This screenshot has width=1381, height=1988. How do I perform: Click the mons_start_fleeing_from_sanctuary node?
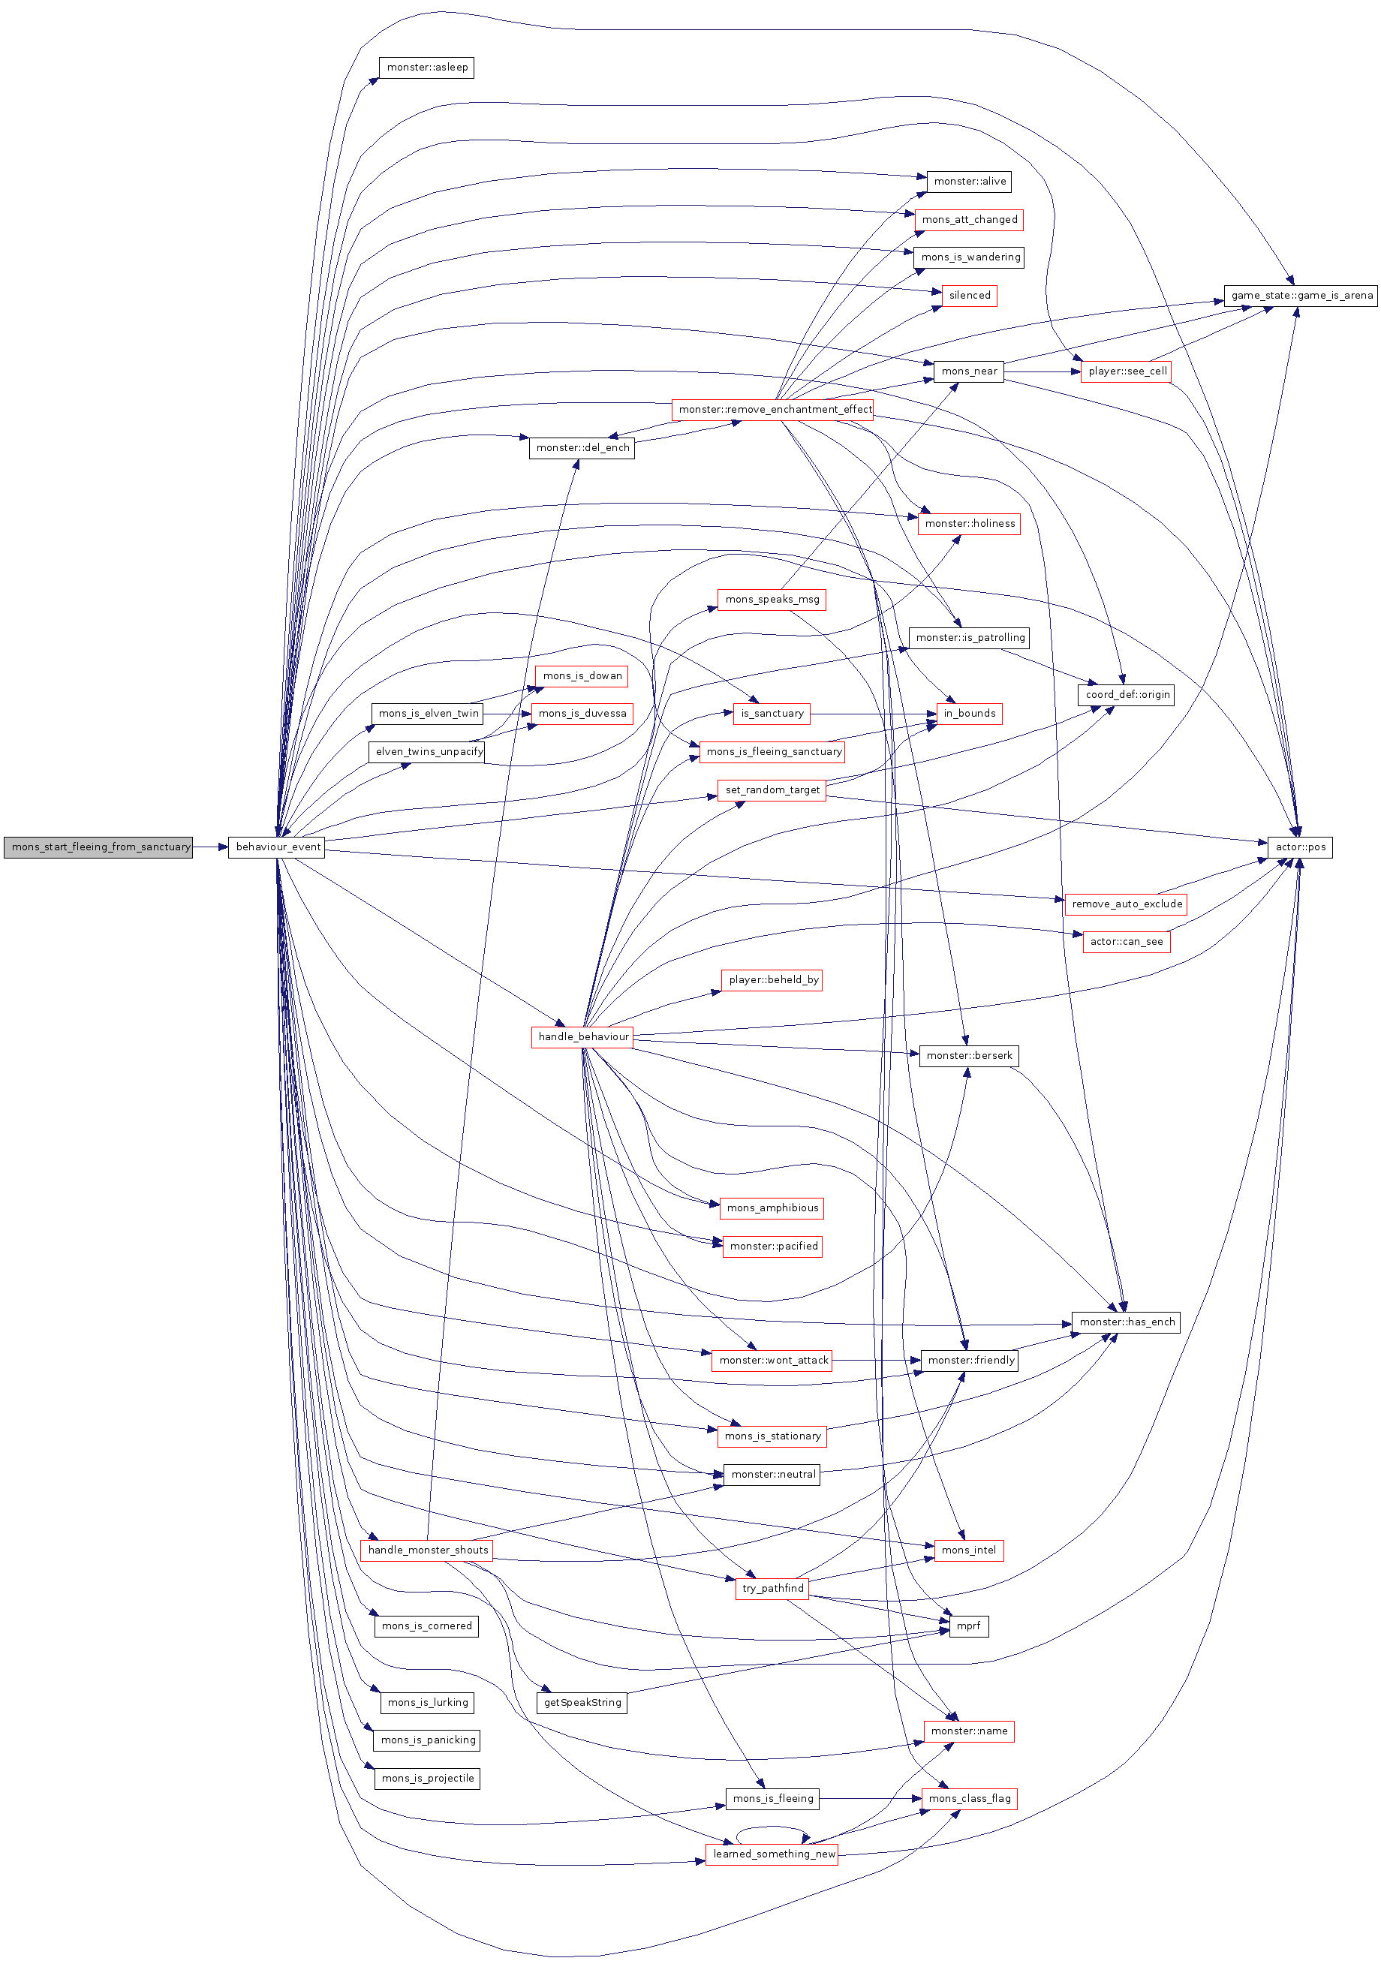coord(98,847)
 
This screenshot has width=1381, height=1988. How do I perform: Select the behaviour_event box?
coord(276,847)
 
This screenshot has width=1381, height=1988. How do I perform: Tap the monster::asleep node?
coord(426,68)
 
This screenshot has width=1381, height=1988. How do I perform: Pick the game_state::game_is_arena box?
coord(1300,295)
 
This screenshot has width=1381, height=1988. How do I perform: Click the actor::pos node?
coord(1300,847)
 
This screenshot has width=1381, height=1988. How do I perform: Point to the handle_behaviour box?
coord(582,1036)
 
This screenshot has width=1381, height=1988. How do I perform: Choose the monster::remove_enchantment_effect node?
coord(773,409)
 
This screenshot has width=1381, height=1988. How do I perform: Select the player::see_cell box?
coord(1126,371)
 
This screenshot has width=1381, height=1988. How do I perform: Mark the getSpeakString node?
coord(582,1701)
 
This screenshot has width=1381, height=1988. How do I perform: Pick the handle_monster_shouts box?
coord(426,1550)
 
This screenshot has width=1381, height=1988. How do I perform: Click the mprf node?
coord(968,1626)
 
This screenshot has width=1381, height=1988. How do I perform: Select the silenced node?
coord(969,295)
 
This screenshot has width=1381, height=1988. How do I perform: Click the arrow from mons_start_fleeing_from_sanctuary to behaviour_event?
coord(210,847)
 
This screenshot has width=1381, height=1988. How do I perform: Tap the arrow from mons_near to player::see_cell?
coord(1042,371)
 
